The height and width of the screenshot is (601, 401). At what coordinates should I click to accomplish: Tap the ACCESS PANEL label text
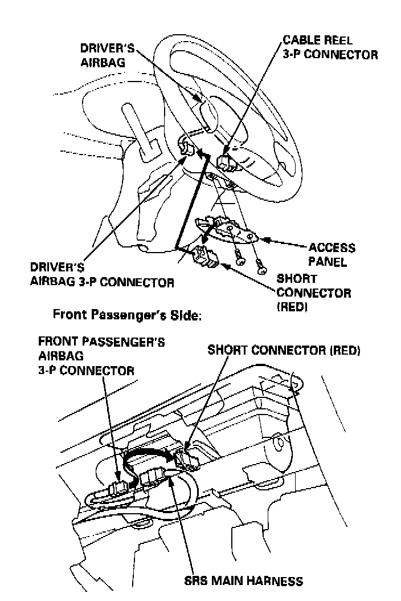332,255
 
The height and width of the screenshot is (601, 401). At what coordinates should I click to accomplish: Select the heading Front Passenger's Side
127,314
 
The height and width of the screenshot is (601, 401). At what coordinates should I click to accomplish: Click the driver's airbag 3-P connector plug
186,147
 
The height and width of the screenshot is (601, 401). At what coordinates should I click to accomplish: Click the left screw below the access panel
240,258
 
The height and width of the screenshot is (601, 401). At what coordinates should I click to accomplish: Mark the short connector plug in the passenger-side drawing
187,458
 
